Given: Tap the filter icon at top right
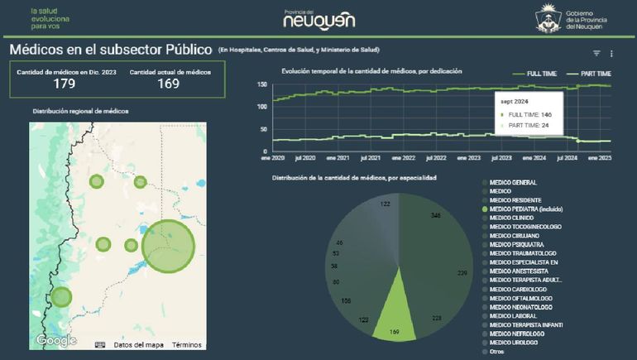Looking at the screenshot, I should (x=596, y=53).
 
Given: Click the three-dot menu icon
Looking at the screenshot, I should (x=612, y=53).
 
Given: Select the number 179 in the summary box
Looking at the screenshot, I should (x=65, y=84).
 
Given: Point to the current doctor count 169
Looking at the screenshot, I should (x=169, y=84).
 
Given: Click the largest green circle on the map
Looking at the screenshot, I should (x=168, y=244).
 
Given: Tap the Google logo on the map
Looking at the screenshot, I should (x=56, y=340).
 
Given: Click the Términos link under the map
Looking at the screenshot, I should (x=186, y=344).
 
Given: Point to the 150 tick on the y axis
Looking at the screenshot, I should (x=262, y=84).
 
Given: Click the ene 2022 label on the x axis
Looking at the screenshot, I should (x=403, y=157).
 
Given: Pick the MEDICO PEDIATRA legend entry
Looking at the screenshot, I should (x=525, y=209).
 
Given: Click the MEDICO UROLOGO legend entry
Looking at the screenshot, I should (x=513, y=343).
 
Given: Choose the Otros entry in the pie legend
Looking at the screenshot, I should (x=498, y=352).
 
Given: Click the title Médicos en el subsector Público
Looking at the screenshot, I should (x=111, y=50).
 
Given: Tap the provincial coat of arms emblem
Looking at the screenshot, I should (x=548, y=17).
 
